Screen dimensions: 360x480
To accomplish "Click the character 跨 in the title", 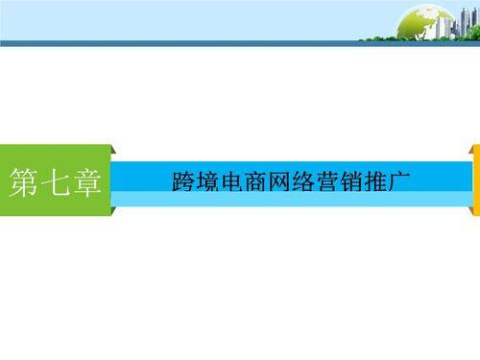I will click(180, 181).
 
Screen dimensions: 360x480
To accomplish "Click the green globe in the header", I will click(423, 21).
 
